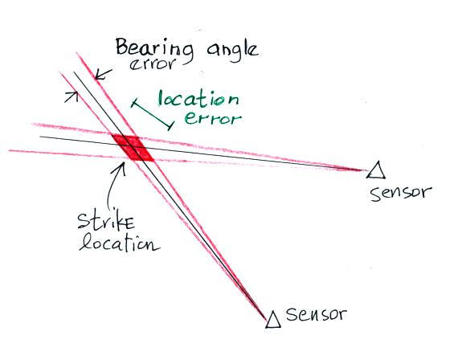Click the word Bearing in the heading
(154, 49)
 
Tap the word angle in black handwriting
(232, 51)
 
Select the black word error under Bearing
(152, 64)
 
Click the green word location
(198, 99)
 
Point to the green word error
(213, 119)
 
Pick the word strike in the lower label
(106, 221)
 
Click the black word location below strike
(120, 244)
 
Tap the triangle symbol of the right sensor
(376, 170)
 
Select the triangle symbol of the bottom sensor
(273, 319)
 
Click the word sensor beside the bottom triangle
(317, 315)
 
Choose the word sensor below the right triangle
(401, 193)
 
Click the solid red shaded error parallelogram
(133, 148)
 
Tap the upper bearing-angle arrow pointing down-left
(103, 74)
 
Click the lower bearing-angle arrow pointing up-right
(72, 96)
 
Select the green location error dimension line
(152, 115)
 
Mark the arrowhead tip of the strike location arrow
(124, 162)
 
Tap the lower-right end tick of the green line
(170, 125)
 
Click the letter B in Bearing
(122, 47)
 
